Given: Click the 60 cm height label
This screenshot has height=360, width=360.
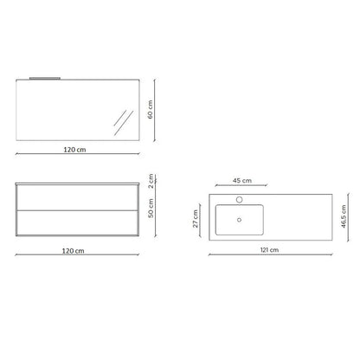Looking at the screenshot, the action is [150, 109].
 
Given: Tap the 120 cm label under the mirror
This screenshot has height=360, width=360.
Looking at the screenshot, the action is [74, 150].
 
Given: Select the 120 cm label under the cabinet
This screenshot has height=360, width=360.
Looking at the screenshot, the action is [74, 251].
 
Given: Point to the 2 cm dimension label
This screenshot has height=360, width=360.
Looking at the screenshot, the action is [151, 181].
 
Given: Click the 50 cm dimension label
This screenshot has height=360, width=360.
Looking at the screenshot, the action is [151, 208].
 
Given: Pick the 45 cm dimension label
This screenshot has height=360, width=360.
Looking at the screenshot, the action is [242, 181].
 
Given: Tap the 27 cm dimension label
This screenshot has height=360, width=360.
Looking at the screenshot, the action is [196, 219].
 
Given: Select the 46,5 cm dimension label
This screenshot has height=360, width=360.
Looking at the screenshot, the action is [344, 216].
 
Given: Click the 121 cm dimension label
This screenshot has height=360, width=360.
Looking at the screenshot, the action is [269, 250].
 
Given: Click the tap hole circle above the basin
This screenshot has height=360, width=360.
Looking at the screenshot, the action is [239, 199].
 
